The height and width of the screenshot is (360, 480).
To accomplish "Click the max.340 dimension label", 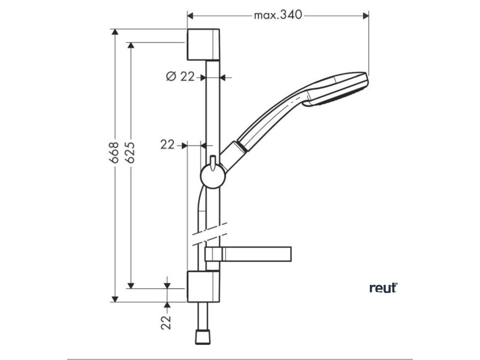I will point(277,15).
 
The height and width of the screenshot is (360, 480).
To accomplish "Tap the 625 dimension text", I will point(131,152).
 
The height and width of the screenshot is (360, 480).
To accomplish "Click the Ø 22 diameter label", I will point(180,76).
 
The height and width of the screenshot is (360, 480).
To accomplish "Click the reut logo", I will point(382,288).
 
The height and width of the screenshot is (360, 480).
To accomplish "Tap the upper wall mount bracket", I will point(203,45).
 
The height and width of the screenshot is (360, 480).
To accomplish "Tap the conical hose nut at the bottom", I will point(203,336).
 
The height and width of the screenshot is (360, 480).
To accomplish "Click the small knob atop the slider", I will point(212,161).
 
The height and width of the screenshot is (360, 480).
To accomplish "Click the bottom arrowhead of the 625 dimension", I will point(131,285).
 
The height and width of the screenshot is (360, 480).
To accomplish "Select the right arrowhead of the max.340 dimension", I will point(366,15).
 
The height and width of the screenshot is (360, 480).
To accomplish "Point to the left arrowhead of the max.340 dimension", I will point(190,15).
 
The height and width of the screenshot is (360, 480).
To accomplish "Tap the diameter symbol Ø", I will point(171,76).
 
